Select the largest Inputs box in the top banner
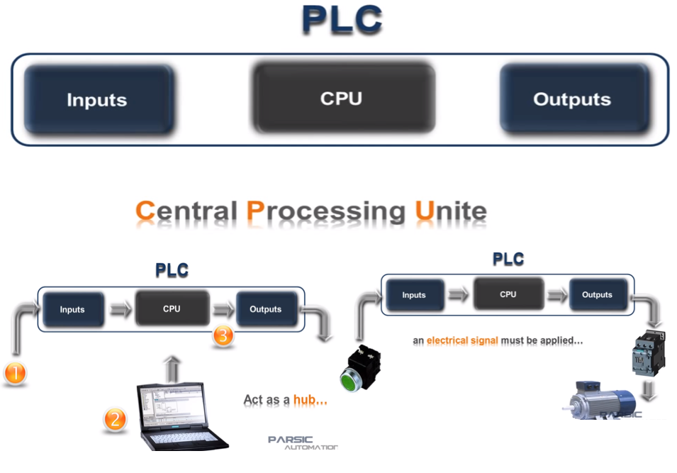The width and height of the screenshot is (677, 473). (97, 100)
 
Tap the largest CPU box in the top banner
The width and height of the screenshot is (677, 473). (342, 99)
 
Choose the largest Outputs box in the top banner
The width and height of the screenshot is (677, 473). (572, 99)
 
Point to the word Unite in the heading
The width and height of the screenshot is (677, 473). (451, 211)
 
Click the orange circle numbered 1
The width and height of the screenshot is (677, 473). (15, 372)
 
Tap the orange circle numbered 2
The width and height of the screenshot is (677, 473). (114, 419)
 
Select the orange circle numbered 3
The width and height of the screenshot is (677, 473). (223, 335)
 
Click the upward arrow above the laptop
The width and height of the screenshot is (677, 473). (171, 369)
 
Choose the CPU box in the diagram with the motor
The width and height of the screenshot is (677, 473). (508, 294)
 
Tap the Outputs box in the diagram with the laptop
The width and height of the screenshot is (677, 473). (266, 309)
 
